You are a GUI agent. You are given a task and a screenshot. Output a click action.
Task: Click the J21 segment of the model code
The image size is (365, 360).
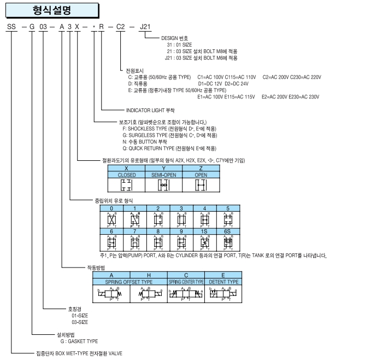pyautogui.click(x=144, y=27)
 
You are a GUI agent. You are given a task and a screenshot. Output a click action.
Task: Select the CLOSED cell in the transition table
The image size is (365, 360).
pyautogui.click(x=127, y=175)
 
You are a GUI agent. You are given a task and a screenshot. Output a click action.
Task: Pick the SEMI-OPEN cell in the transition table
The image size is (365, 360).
pyautogui.click(x=161, y=175)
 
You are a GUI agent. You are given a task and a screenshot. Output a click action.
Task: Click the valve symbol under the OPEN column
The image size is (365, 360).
pyautogui.click(x=194, y=185)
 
